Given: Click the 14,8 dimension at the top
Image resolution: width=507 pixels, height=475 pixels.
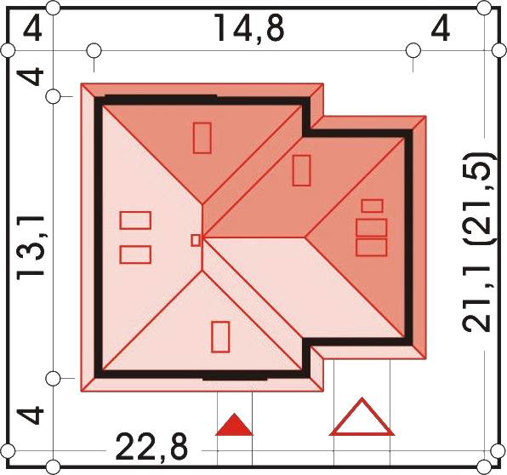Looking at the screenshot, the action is click(249, 28).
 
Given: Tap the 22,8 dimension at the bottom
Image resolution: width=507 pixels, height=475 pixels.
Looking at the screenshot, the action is click(151, 447).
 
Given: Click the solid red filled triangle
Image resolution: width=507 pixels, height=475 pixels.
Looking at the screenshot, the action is click(234, 425).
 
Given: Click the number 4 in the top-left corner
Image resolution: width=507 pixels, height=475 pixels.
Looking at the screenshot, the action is click(32, 29).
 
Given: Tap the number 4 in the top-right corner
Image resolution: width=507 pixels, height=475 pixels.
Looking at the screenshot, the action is click(441, 29).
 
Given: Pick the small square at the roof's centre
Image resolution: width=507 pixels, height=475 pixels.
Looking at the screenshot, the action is click(196, 240).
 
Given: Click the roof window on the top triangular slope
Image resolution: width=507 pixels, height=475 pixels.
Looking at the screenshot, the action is click(202, 138).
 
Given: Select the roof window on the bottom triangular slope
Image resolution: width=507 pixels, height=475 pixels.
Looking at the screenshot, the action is click(220, 336).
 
